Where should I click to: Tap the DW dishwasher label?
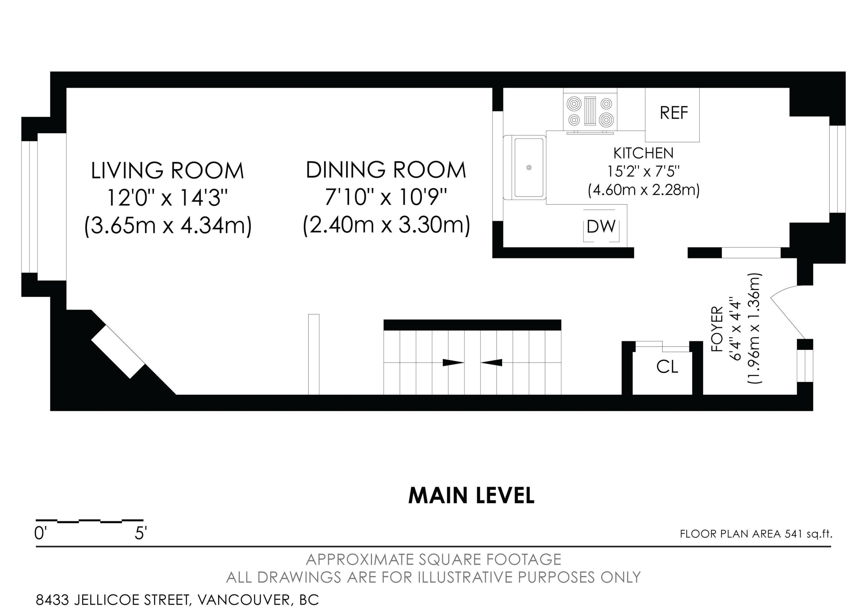click(601, 226)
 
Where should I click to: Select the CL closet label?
click(667, 367)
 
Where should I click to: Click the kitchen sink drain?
click(529, 168)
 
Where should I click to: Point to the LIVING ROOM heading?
click(168, 170)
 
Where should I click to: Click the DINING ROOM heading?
click(386, 170)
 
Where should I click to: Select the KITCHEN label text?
click(643, 153)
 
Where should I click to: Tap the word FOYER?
click(717, 329)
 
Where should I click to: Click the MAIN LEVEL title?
click(471, 496)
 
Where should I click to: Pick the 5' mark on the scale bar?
click(140, 533)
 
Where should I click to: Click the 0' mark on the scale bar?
click(40, 533)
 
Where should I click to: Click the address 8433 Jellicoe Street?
click(112, 600)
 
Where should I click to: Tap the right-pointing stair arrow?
click(453, 362)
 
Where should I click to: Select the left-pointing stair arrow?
click(492, 362)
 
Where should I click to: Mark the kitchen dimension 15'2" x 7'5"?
click(643, 171)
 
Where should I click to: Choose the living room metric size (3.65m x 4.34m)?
click(168, 226)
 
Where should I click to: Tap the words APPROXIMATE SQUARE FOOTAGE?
click(433, 559)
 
